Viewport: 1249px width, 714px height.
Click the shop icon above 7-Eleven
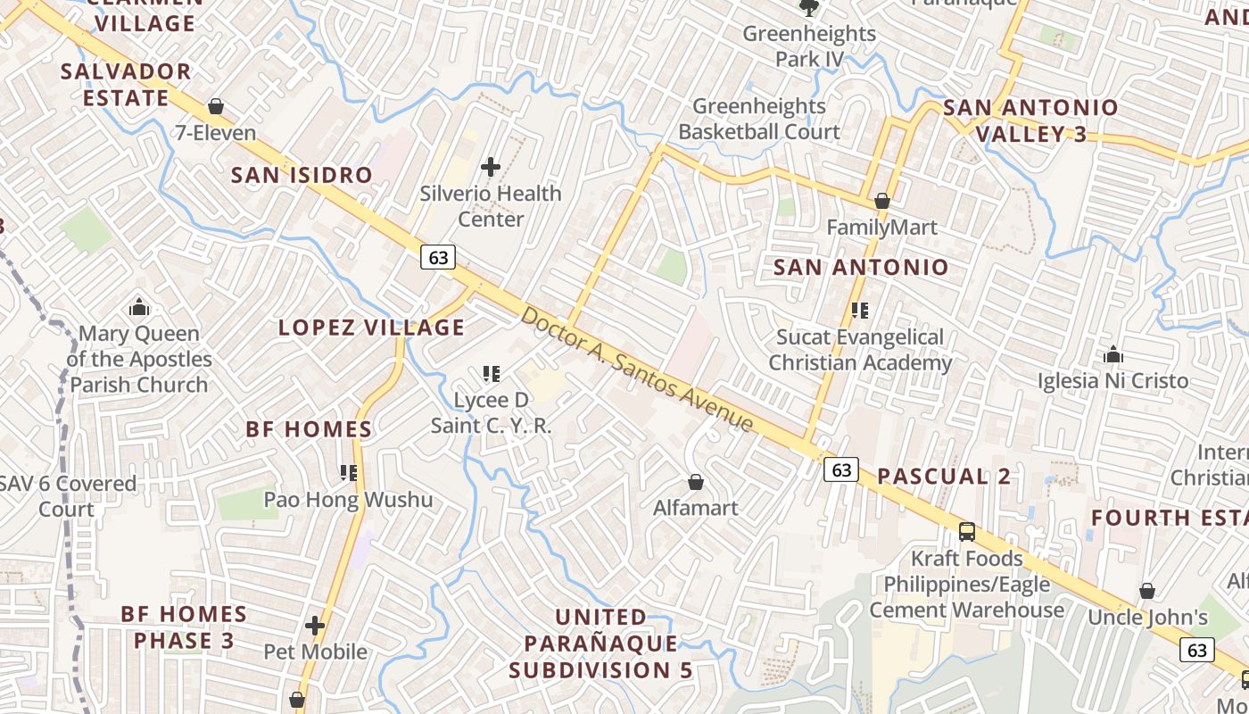click(x=215, y=107)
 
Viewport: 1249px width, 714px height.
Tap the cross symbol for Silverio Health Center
click(x=491, y=167)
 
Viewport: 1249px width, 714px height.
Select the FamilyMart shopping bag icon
click(x=882, y=202)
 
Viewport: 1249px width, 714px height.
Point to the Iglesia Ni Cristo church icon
click(x=1113, y=355)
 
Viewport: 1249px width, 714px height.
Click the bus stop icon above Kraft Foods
click(x=966, y=533)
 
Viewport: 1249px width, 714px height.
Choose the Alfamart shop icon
click(x=696, y=483)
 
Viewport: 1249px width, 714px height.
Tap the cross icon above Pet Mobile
click(x=315, y=626)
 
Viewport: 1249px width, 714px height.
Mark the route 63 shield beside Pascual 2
click(x=841, y=469)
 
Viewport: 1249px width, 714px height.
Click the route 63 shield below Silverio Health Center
click(x=438, y=257)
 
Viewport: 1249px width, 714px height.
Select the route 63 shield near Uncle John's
click(x=1196, y=649)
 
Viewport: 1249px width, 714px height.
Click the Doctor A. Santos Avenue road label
click(x=637, y=369)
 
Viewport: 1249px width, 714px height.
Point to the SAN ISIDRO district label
click(x=302, y=175)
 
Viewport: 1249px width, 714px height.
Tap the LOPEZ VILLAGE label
click(x=371, y=328)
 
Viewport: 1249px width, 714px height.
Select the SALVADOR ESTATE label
click(x=126, y=85)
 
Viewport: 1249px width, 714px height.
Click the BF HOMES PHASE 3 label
click(x=185, y=627)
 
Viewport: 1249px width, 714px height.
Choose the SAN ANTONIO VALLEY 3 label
click(x=1030, y=120)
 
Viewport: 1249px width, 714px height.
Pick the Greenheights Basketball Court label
click(x=759, y=119)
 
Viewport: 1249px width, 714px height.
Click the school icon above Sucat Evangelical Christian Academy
click(x=860, y=311)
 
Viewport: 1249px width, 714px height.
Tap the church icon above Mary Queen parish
click(x=139, y=308)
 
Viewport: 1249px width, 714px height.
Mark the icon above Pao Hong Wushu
click(x=348, y=473)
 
